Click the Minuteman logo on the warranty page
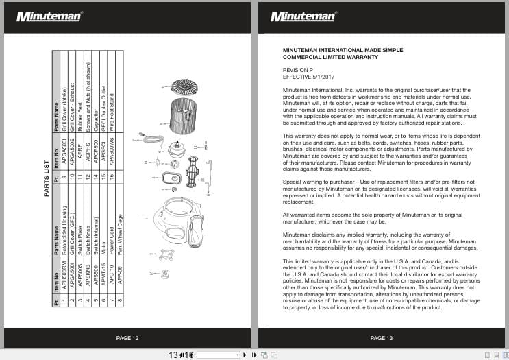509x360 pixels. point(303,16)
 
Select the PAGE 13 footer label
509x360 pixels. point(381,338)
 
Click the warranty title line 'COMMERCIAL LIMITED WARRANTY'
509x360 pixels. point(330,58)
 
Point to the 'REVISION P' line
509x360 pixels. point(298,70)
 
